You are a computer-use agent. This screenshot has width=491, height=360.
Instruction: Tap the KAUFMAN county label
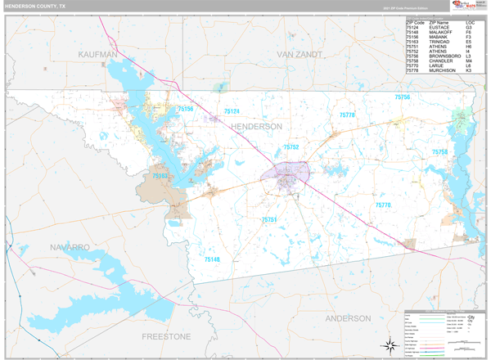[x=99, y=54]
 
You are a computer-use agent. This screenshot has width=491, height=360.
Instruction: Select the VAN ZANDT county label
[x=300, y=54]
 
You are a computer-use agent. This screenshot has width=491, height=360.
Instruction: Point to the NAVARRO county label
[x=68, y=246]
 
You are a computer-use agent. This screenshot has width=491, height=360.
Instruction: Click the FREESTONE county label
[x=166, y=336]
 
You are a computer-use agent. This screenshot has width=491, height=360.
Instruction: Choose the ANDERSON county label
[x=348, y=317]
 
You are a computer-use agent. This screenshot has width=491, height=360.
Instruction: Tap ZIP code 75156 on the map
[x=185, y=109]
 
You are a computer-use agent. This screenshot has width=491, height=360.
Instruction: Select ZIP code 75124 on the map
[x=232, y=112]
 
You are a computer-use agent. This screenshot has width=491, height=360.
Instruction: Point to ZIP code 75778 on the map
[x=348, y=115]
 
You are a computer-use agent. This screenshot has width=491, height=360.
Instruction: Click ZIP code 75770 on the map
[x=383, y=205]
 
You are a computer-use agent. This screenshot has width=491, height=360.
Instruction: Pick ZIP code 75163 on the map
[x=160, y=176]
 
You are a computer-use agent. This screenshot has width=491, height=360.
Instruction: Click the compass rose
[x=389, y=346]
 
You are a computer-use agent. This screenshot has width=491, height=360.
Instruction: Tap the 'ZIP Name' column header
[x=439, y=22]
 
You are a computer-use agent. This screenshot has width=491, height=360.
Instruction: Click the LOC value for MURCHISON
[x=469, y=71]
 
